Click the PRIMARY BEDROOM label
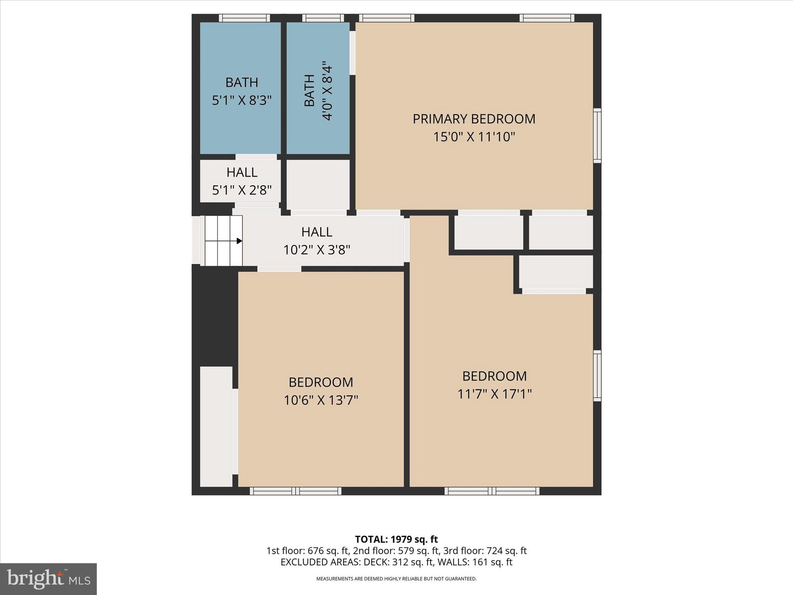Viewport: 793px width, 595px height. click(x=474, y=119)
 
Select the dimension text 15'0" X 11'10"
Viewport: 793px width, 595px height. click(x=474, y=137)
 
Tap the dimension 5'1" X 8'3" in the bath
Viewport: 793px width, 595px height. click(x=242, y=101)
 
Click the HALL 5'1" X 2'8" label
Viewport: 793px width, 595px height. click(x=242, y=181)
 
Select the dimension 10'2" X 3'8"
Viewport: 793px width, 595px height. click(x=317, y=250)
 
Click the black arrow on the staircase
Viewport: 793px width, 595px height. click(x=239, y=241)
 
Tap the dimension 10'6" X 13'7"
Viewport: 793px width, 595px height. click(x=321, y=400)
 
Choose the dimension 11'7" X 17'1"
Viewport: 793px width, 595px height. click(x=494, y=394)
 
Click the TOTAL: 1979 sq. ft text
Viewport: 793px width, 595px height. click(x=396, y=539)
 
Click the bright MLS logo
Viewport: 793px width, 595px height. click(x=48, y=579)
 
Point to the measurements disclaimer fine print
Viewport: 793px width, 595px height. click(x=396, y=579)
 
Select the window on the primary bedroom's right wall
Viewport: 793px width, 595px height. click(x=597, y=136)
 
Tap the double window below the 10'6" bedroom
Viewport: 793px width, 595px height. click(x=295, y=491)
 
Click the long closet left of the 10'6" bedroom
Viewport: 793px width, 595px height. click(x=216, y=426)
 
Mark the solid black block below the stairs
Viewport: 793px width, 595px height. click(x=215, y=314)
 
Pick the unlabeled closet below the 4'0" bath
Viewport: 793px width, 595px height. click(x=318, y=184)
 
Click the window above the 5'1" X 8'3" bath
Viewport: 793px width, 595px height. click(x=244, y=18)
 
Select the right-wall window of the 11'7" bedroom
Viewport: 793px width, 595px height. click(x=597, y=376)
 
